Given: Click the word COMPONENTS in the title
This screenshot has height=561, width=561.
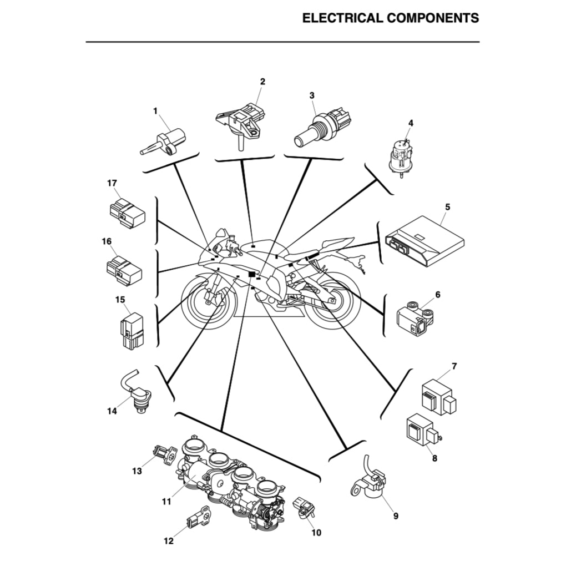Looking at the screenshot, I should [x=432, y=18].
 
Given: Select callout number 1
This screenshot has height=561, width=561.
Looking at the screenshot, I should [x=155, y=111].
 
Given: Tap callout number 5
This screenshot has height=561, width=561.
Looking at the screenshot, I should [x=447, y=206].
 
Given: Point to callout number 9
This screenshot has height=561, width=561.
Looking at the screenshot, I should [x=396, y=515].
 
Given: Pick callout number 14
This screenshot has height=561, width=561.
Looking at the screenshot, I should [x=112, y=411].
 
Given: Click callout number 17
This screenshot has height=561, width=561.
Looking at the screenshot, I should [x=112, y=183].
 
